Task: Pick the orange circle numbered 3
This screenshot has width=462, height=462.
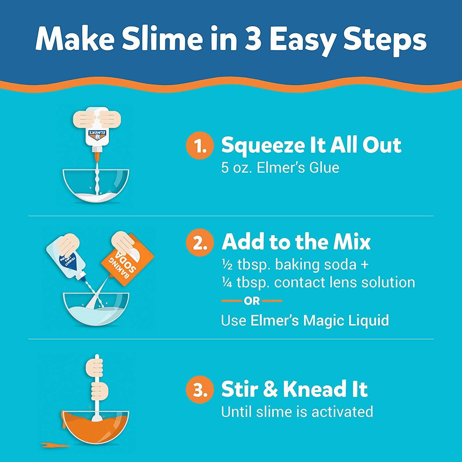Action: [200, 390]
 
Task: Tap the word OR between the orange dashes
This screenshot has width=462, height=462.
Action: [252, 301]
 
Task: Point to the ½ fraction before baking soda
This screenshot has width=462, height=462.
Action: [227, 265]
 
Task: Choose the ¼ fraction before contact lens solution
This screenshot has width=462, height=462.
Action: [227, 282]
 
